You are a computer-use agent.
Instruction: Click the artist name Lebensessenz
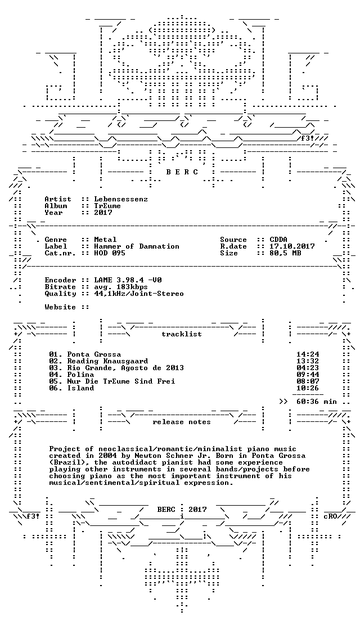point(121,199)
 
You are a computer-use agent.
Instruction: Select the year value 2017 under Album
point(103,213)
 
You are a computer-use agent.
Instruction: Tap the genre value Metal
point(105,240)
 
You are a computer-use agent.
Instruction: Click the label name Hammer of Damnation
point(137,246)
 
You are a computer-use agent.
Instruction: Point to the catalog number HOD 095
point(110,253)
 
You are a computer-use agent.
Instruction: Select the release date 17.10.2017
point(292,246)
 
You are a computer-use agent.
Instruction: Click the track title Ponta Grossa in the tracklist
point(94,354)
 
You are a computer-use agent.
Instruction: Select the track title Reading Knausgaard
point(107,361)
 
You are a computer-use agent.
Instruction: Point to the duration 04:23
point(308,368)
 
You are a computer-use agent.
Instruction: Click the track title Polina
point(80,375)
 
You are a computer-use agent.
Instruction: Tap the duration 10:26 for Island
point(308,388)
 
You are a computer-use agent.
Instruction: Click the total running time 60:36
point(308,402)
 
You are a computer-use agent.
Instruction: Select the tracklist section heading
point(181,334)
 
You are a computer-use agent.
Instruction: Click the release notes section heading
point(181,422)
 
